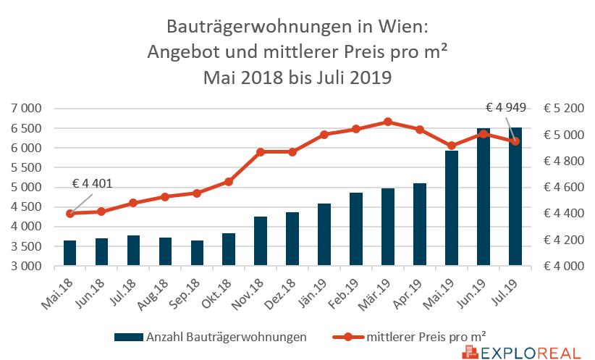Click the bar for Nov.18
(261, 241)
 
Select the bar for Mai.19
(452, 208)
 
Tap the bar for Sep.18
(197, 253)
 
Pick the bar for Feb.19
(356, 229)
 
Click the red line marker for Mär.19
(388, 122)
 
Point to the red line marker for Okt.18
(229, 181)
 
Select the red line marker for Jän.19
(324, 135)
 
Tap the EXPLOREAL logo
(521, 353)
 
